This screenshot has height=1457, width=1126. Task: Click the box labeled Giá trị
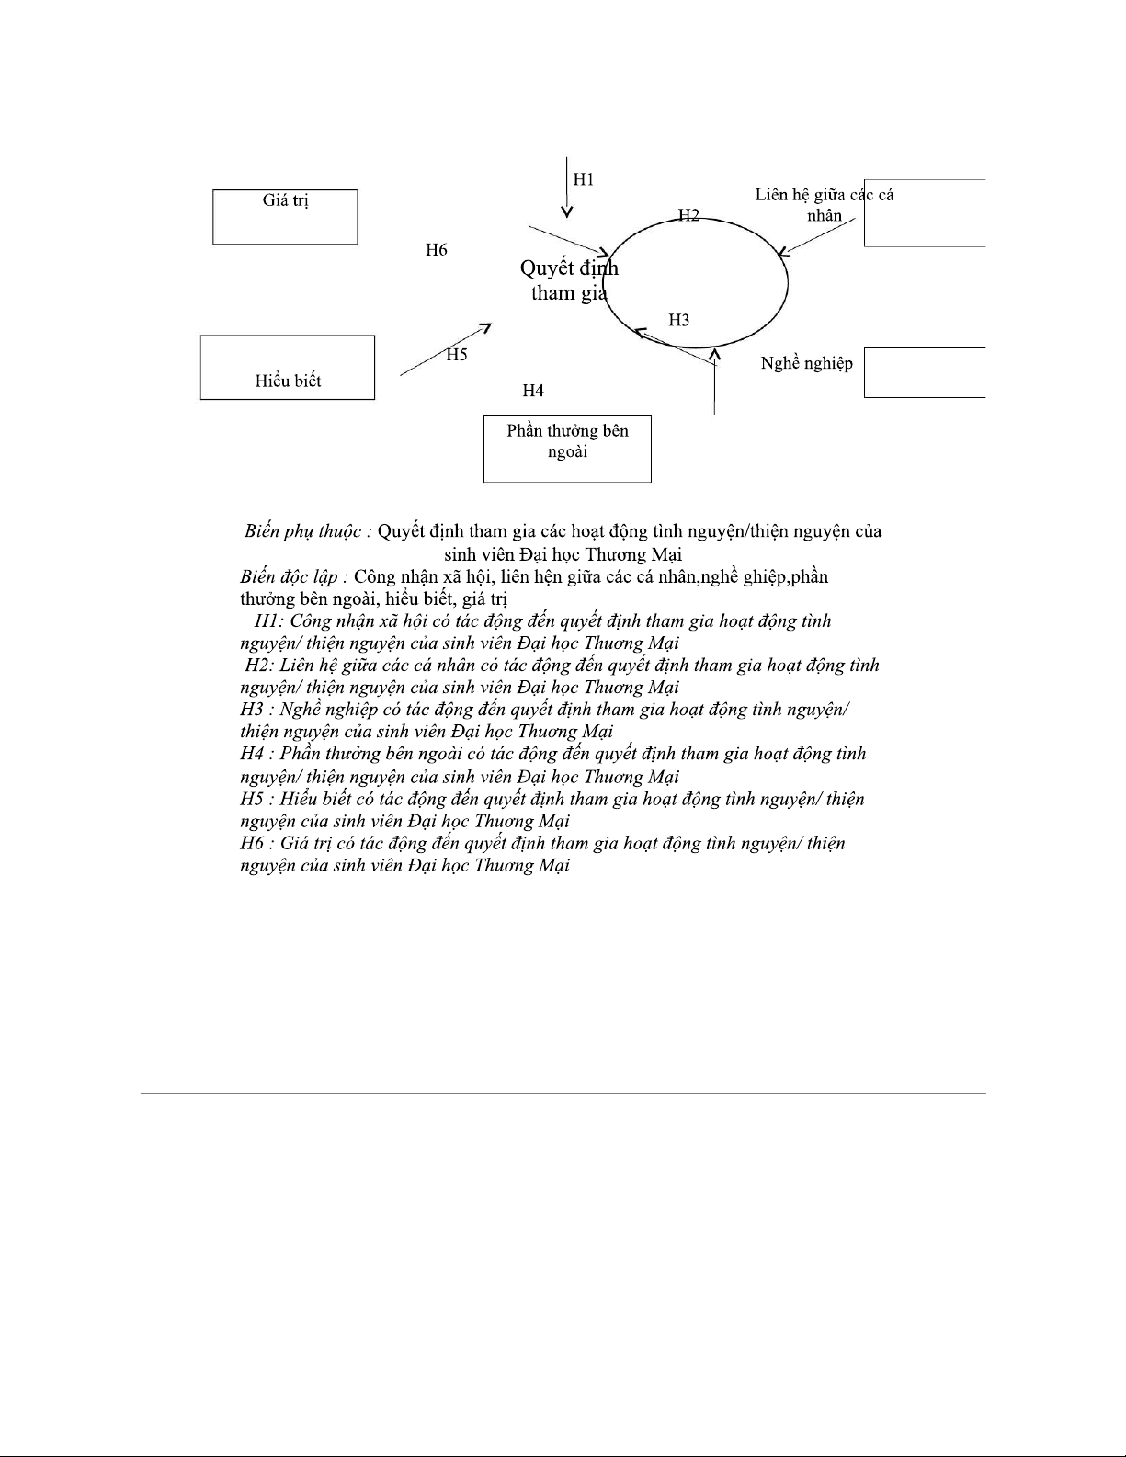coord(285,216)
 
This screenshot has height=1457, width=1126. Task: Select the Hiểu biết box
coord(288,367)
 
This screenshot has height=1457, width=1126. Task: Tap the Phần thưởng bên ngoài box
coord(567,449)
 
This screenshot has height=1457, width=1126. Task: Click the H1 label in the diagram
coord(584,179)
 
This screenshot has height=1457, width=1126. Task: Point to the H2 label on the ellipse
coord(688,215)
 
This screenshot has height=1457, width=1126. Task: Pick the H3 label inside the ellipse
coord(678,320)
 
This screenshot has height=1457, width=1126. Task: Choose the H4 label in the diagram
coord(533,391)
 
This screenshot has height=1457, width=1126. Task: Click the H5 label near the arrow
coord(457,355)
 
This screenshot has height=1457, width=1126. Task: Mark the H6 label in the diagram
coord(437,249)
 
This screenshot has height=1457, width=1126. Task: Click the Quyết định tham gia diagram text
coord(569,280)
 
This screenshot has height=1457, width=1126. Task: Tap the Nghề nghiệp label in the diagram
coord(806,363)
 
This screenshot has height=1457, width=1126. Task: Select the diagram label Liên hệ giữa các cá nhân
coord(824,205)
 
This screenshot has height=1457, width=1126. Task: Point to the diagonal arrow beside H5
coord(445,349)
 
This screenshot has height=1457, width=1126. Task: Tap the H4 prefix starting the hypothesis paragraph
coord(252,754)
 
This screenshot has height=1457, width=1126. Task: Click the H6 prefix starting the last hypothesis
coord(252,843)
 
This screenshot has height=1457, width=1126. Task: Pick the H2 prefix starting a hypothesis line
coord(258,665)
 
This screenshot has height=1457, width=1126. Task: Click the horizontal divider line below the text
coord(563,1093)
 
